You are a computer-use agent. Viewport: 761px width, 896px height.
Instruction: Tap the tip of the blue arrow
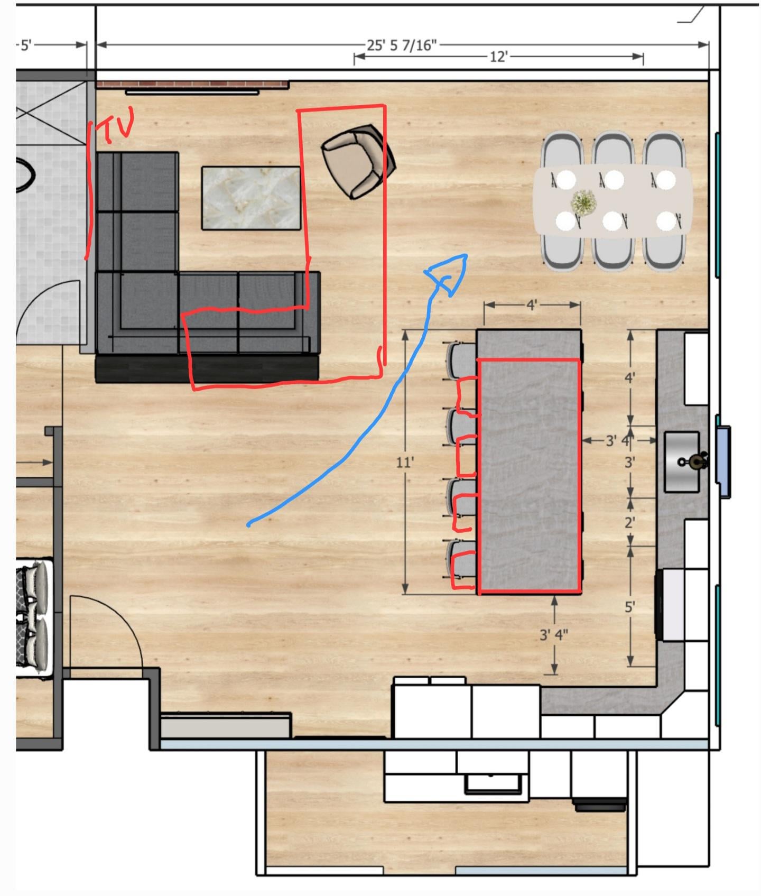[x=466, y=256]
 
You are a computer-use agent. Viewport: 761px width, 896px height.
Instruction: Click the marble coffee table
[x=251, y=198]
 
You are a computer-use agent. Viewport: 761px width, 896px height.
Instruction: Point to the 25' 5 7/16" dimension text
[x=402, y=45]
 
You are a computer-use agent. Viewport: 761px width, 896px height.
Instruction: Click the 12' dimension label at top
[x=498, y=57]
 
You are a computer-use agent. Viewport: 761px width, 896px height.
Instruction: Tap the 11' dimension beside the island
[x=405, y=463]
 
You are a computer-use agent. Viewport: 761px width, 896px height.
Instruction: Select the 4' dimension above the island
[x=532, y=305]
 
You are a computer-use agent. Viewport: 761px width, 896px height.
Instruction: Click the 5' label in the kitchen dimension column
[x=629, y=607]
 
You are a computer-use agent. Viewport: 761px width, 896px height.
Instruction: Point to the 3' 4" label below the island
[x=554, y=634]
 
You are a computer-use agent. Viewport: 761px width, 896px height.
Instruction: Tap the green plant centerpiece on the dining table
[x=583, y=202]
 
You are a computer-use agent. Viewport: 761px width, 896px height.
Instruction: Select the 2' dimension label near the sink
[x=629, y=523]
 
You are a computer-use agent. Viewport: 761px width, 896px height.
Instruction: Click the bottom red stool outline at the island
[x=464, y=570]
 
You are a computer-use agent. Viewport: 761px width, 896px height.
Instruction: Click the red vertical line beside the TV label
[x=90, y=190]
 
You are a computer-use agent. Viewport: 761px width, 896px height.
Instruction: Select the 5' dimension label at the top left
[x=25, y=45]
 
